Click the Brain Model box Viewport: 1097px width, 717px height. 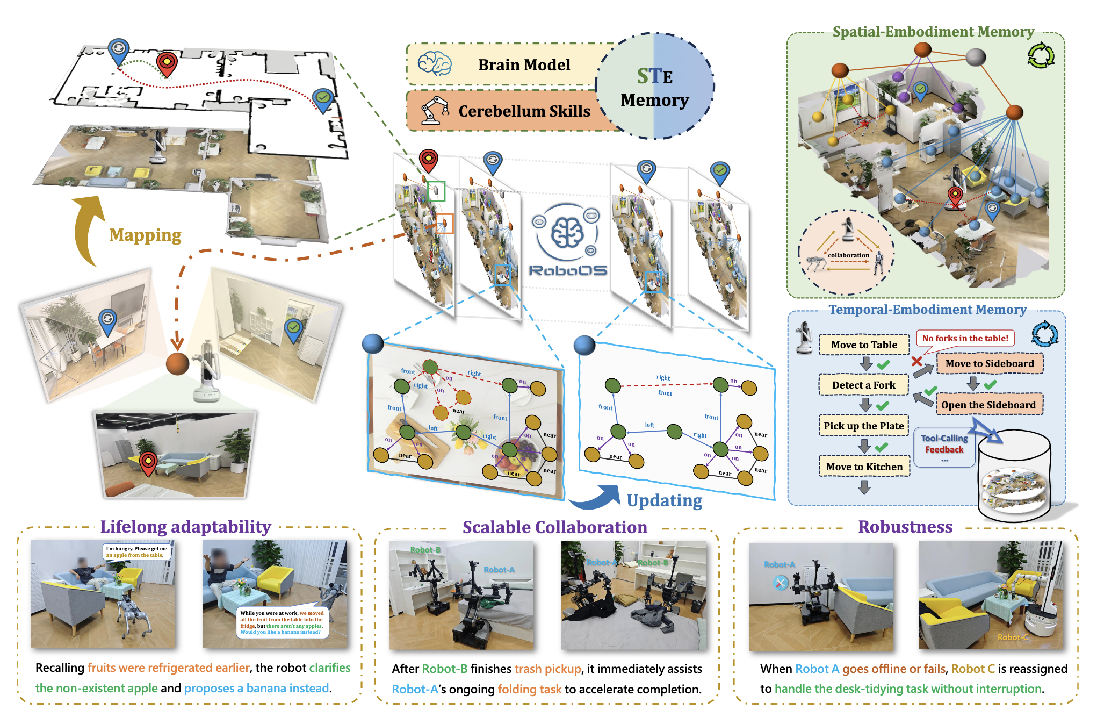pos(524,65)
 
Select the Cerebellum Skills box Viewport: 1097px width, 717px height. pos(524,111)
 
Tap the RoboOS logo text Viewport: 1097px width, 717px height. pos(568,270)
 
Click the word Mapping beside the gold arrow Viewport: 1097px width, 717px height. pos(145,235)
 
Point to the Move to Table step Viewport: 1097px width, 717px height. pos(864,345)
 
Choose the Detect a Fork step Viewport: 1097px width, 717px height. pos(863,385)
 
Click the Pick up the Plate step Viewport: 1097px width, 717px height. pos(863,426)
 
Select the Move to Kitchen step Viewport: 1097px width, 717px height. pos(864,467)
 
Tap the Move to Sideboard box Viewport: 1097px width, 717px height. pos(989,364)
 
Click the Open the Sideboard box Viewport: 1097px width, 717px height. pos(988,405)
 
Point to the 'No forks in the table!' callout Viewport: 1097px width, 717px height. pos(965,338)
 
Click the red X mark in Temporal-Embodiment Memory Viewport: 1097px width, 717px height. pos(917,361)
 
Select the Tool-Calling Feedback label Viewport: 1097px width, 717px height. pos(944,444)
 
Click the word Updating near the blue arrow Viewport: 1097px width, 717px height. pos(664,501)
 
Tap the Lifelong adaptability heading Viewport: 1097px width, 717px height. pos(185,527)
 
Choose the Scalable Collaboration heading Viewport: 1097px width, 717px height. pos(554,527)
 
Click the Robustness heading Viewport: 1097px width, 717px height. pos(905,527)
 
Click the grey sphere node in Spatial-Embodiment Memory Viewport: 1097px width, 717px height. pos(976,56)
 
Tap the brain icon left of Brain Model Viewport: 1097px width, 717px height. pos(435,64)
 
